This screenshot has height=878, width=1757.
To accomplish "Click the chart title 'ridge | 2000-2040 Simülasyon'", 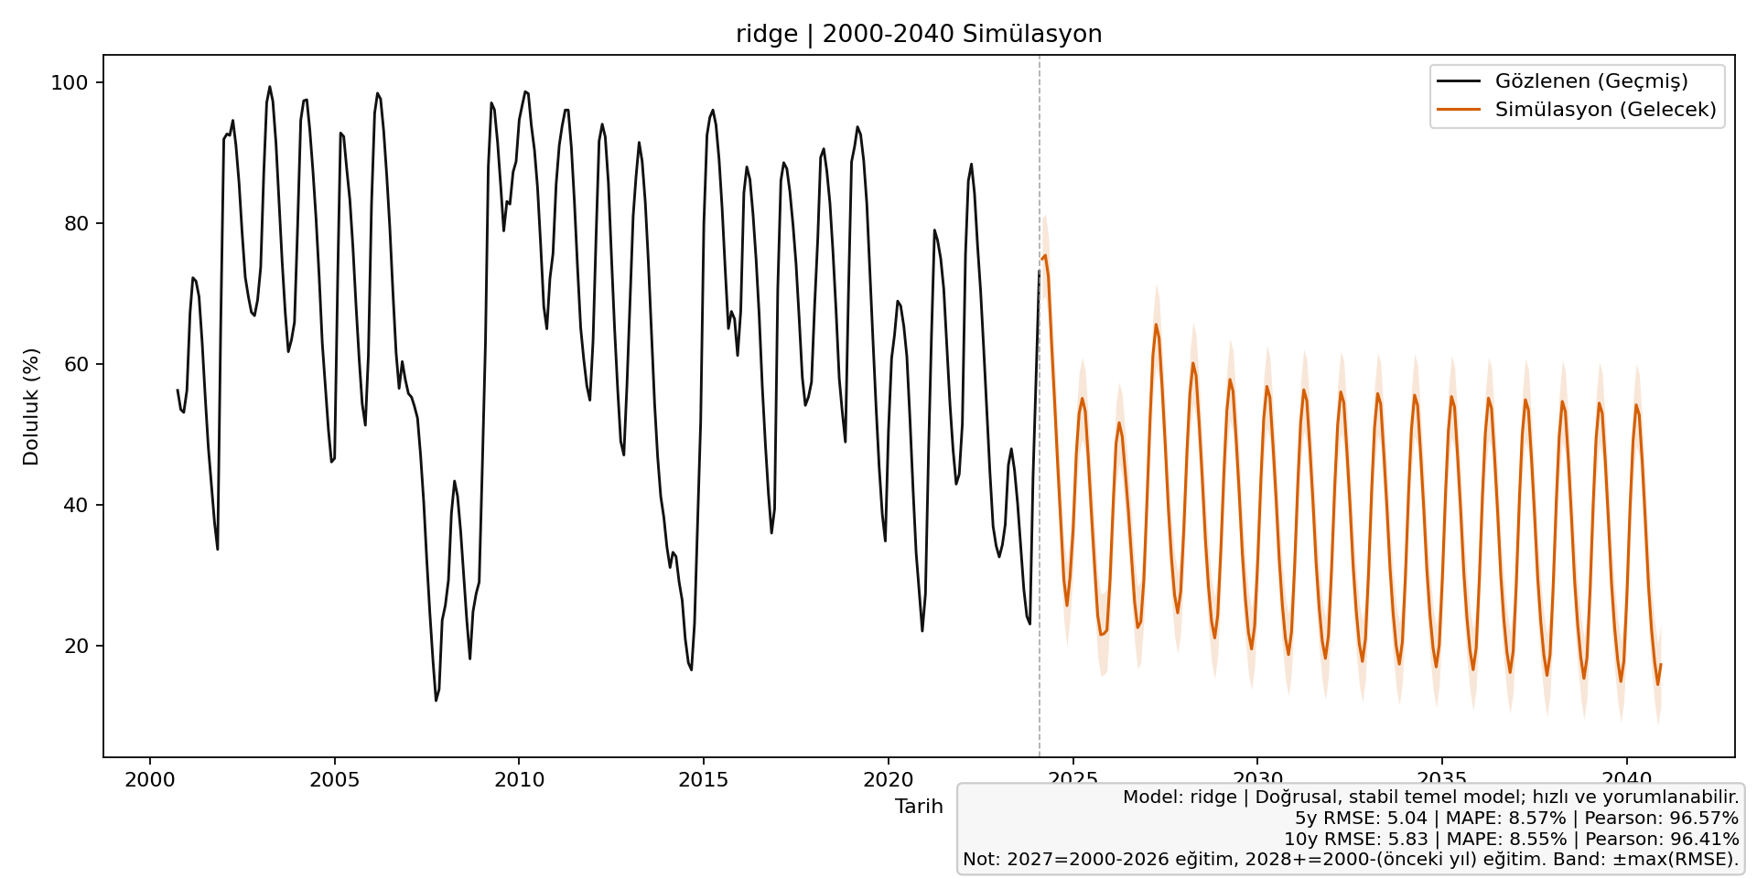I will (x=919, y=35).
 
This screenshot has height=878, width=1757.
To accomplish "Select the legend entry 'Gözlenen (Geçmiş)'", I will (x=1591, y=81).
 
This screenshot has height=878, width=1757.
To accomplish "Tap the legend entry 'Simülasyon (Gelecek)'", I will (x=1605, y=110).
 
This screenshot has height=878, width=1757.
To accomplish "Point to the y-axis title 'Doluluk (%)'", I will (x=32, y=406).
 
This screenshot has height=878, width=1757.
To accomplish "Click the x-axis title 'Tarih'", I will (x=919, y=807).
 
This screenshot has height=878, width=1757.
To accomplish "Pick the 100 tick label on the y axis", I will (x=70, y=83).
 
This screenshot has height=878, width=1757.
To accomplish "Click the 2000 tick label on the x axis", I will (x=150, y=780).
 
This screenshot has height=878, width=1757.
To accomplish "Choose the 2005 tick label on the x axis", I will (x=334, y=780).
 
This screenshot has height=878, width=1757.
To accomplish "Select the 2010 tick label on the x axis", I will (x=519, y=780).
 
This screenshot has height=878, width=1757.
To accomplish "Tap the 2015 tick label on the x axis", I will (x=704, y=780).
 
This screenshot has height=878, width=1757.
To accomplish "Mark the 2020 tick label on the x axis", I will (x=888, y=780).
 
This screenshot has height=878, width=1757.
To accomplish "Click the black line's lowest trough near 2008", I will (x=437, y=700).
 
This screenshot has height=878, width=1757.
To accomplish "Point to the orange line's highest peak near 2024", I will (x=1045, y=256).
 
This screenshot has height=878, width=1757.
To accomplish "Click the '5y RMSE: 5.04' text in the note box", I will (x=1362, y=819).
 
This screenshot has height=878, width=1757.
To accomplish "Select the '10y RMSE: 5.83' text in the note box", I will (x=1351, y=840).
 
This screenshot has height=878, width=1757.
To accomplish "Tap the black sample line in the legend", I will (x=1459, y=81).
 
